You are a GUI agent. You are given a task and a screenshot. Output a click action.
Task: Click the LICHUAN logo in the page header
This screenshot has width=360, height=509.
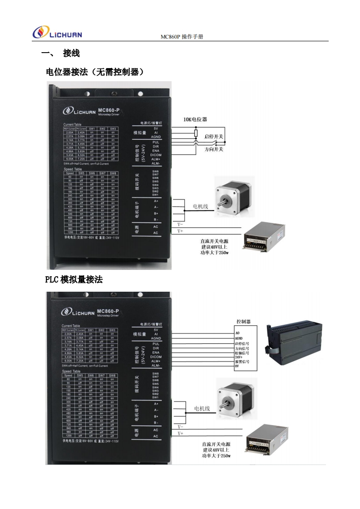point(57,33)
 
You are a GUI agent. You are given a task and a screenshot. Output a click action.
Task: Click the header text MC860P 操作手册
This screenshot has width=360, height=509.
point(182,37)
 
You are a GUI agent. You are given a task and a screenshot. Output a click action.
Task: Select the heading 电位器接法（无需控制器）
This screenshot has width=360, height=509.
point(95,72)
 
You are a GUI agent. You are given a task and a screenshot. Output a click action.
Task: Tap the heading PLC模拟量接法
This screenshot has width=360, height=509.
point(74,280)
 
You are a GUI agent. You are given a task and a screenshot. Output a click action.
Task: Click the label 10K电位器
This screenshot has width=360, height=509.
point(195,119)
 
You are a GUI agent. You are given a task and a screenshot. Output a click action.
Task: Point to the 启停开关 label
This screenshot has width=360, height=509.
point(214,136)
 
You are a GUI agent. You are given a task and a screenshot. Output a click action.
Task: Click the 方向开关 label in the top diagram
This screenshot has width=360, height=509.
point(214,149)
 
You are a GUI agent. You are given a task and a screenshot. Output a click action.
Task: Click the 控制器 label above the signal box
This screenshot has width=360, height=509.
point(243,321)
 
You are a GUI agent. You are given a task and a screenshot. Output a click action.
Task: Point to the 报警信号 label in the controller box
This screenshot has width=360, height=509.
point(242,361)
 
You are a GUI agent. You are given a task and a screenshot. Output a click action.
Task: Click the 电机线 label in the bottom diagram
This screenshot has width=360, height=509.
point(202,408)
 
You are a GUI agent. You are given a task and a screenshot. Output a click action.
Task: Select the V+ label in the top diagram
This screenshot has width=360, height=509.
point(180,231)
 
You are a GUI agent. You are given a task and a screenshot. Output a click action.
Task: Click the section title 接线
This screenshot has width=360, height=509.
point(72,54)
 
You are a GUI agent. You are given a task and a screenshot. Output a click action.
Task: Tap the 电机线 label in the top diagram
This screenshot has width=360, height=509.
point(200,206)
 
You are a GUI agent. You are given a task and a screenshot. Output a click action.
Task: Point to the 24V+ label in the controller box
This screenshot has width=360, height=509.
point(239,357)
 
